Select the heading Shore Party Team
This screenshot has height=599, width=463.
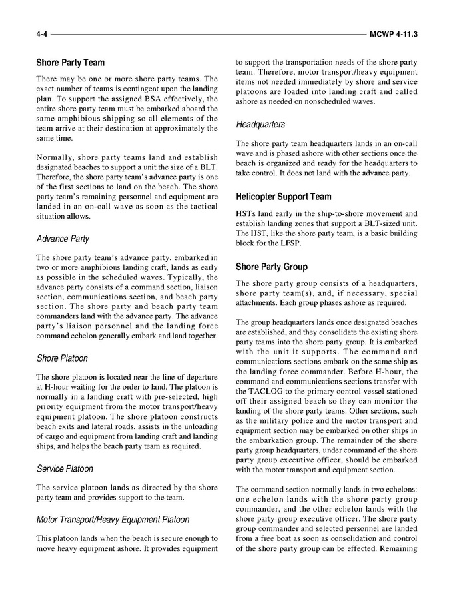(x=70, y=63)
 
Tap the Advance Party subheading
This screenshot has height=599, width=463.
(x=63, y=239)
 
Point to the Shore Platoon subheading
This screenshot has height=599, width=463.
(x=62, y=358)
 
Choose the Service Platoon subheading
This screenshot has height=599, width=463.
(x=65, y=468)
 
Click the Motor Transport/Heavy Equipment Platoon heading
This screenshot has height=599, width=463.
(x=113, y=519)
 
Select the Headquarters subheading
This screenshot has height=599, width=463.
(x=261, y=124)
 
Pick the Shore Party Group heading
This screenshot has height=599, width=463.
(x=272, y=267)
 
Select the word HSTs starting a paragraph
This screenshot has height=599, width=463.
(x=247, y=213)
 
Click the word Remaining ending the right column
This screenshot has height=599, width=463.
(x=396, y=549)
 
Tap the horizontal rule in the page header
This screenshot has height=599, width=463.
(x=207, y=33)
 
